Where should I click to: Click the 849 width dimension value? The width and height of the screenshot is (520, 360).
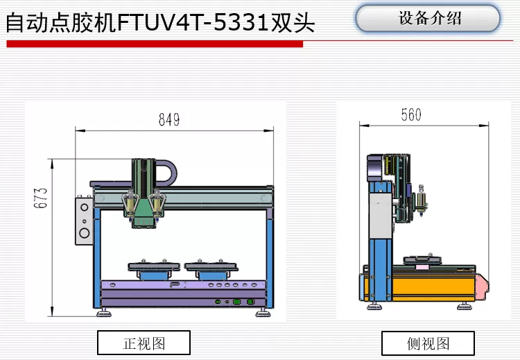point(168,119)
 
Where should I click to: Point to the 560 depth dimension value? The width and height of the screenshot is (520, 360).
point(411,115)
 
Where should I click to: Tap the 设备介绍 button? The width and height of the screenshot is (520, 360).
point(428,19)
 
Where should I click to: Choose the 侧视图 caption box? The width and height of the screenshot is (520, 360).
point(428,343)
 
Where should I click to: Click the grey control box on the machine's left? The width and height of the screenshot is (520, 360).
point(84,221)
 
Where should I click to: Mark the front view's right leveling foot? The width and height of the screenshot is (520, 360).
point(263,311)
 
